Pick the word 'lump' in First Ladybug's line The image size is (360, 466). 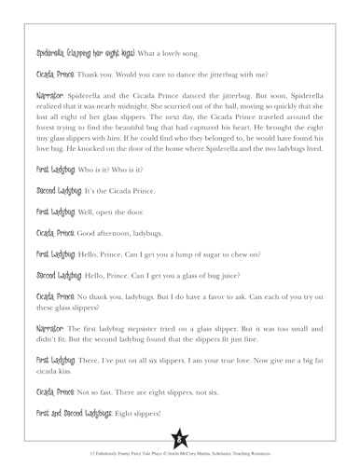click(208, 278)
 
